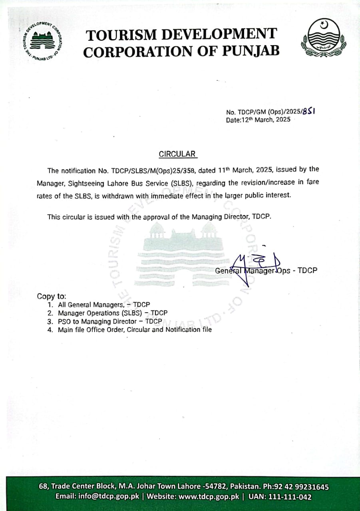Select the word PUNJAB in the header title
250,51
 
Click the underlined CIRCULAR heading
177,154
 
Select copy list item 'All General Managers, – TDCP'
104,305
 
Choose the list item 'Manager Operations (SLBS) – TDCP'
113,313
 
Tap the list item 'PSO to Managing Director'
109,321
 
